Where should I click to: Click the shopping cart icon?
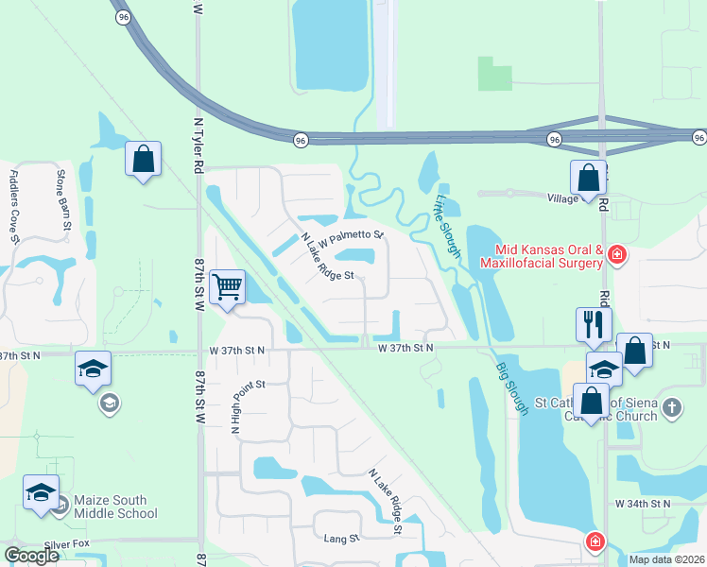(228, 286)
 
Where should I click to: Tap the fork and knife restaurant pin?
(593, 324)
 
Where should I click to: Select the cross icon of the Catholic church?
(671, 407)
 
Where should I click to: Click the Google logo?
(31, 556)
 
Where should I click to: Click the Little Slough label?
(447, 226)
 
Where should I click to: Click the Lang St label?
(342, 538)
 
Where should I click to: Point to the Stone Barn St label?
(63, 200)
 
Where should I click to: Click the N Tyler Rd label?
(198, 146)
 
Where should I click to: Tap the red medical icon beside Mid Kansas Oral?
(617, 254)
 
